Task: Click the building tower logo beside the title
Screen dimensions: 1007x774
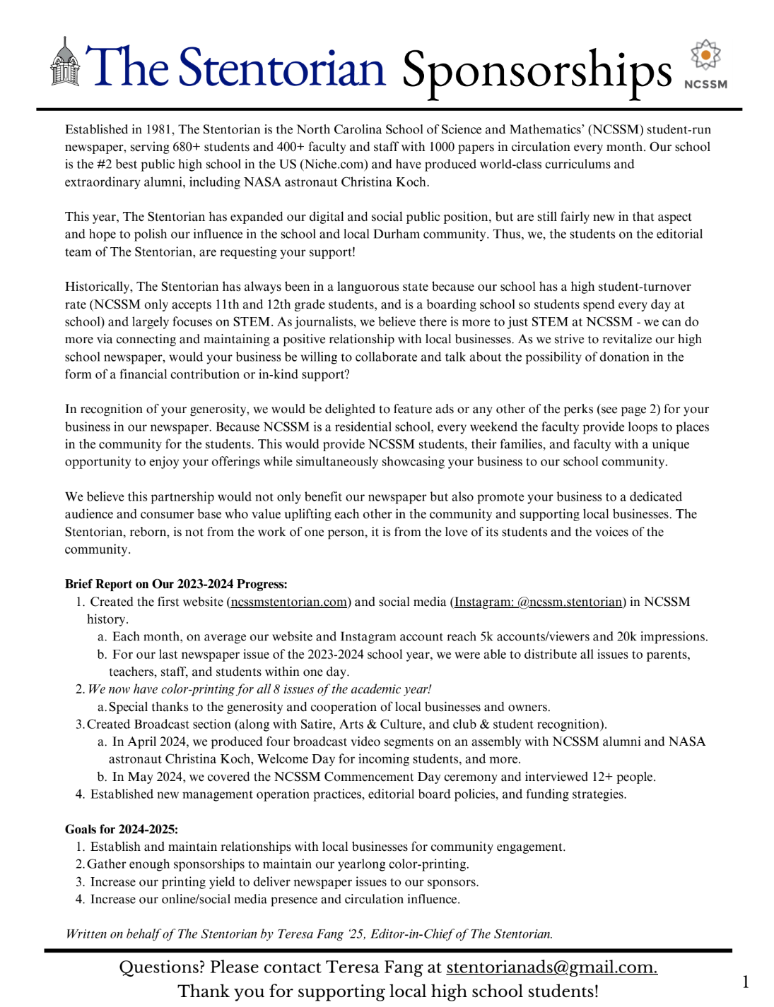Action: pyautogui.click(x=65, y=64)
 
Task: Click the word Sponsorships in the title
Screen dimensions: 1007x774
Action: pyautogui.click(x=536, y=71)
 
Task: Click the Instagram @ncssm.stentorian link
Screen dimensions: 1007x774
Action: pyautogui.click(x=539, y=602)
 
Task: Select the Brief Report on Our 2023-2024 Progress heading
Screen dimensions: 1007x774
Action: pyautogui.click(x=176, y=585)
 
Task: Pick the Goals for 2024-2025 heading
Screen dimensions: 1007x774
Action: pyautogui.click(x=122, y=830)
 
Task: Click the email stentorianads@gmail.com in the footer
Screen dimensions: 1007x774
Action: pyautogui.click(x=551, y=967)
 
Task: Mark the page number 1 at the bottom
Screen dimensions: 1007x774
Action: pyautogui.click(x=746, y=982)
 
